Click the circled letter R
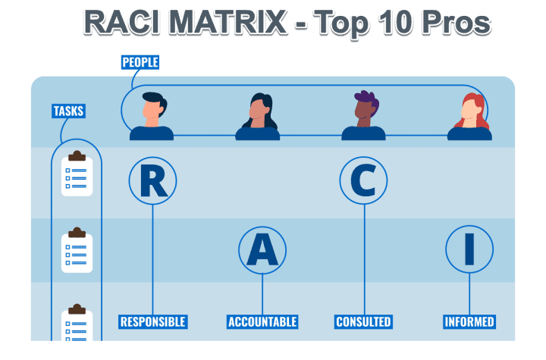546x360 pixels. point(152,180)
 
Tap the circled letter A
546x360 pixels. point(262,249)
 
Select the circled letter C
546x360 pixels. point(363,180)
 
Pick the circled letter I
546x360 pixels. point(469,249)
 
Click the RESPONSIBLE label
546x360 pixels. point(152,321)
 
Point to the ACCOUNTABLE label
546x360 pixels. point(262,321)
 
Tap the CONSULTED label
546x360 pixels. point(363,321)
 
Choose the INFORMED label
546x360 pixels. point(469,321)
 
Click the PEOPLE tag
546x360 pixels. point(140,62)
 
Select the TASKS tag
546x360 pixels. point(68,111)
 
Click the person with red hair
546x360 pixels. point(469,117)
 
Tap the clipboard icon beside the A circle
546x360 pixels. point(77,249)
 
